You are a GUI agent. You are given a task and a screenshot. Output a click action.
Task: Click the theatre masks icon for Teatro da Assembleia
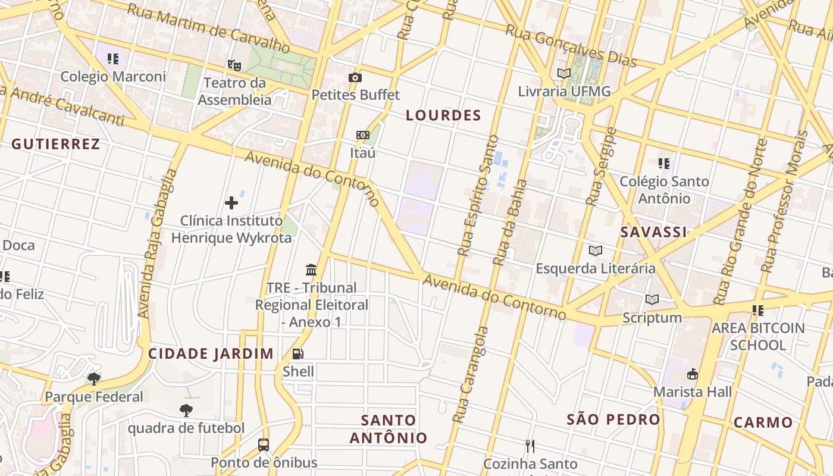click(x=234, y=64)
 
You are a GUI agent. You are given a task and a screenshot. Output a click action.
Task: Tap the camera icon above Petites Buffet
click(x=355, y=77)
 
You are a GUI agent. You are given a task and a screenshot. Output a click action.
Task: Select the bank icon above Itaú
click(x=362, y=135)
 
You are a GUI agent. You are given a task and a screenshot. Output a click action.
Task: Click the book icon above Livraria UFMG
click(x=563, y=74)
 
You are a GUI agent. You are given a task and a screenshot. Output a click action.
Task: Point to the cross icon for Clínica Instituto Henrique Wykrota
click(x=231, y=203)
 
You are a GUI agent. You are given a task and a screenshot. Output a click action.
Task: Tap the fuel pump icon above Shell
click(x=298, y=354)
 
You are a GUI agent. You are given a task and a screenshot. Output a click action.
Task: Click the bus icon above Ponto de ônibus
click(x=264, y=444)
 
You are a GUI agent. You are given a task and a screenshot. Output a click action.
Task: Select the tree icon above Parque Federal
click(x=94, y=379)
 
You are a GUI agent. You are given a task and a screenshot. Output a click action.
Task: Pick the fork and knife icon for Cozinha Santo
click(x=530, y=446)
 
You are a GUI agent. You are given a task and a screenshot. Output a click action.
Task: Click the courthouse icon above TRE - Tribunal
click(x=311, y=270)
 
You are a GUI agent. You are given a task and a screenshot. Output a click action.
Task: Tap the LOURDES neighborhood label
click(x=443, y=115)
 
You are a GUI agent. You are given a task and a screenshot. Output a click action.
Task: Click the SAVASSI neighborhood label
click(x=653, y=232)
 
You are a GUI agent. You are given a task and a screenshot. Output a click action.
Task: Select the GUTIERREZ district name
click(x=55, y=144)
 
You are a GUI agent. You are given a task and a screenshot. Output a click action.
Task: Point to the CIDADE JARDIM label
click(x=211, y=353)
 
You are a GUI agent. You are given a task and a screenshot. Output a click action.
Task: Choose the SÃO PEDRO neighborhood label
click(x=613, y=419)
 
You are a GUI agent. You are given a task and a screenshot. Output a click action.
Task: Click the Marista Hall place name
click(x=693, y=392)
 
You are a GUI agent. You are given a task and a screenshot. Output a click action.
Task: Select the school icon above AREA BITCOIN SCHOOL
click(x=757, y=310)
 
